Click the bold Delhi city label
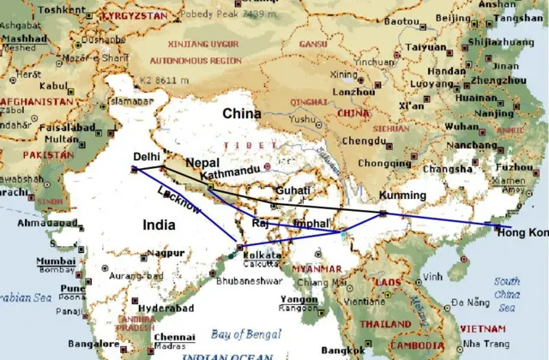[x=147, y=156]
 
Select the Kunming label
[x=401, y=195]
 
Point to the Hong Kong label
[x=524, y=232]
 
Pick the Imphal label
[x=311, y=223]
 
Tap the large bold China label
[x=242, y=113]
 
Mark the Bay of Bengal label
[x=240, y=334]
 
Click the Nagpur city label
[x=166, y=253]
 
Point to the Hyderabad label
[x=160, y=306]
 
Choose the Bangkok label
[x=343, y=350]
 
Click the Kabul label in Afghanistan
[x=52, y=86]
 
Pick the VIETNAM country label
[x=482, y=327]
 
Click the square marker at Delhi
[x=135, y=170]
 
